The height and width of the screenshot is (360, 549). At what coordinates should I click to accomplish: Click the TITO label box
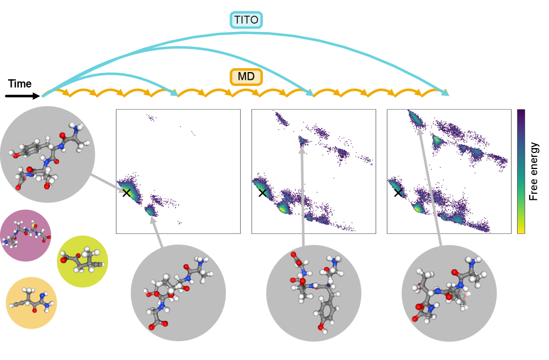[246, 20]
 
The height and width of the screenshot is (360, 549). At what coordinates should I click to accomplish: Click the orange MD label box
[246, 77]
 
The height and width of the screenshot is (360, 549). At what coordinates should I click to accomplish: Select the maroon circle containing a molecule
[25, 235]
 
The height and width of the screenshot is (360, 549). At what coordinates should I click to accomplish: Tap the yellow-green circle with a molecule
[83, 261]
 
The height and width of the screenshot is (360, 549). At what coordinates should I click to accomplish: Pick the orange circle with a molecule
[31, 303]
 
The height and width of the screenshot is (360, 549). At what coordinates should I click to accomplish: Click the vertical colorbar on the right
[521, 171]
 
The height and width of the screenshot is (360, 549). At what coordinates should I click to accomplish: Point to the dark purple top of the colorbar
[521, 113]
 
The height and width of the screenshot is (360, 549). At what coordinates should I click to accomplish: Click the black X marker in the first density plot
[127, 192]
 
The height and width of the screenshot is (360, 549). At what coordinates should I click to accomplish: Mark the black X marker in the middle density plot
[263, 192]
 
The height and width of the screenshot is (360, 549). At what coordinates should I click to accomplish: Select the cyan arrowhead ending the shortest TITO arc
[175, 94]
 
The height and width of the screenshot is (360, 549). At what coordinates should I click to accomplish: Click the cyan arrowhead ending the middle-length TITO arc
[310, 94]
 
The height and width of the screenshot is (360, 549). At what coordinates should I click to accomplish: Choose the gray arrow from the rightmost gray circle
[430, 187]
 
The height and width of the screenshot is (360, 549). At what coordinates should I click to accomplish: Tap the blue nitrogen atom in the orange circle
[42, 295]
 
